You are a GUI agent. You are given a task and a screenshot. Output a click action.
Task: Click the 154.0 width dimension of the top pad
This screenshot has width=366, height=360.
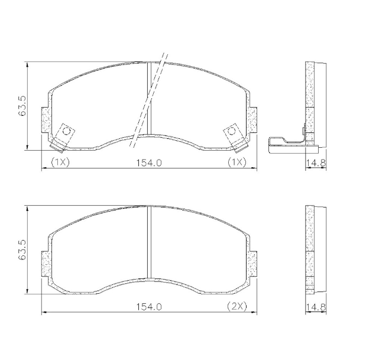coord(150,163)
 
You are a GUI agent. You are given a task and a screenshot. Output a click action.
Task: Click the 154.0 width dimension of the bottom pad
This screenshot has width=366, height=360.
coord(150,306)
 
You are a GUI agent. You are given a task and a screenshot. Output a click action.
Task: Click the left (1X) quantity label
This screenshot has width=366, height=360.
coord(60,163)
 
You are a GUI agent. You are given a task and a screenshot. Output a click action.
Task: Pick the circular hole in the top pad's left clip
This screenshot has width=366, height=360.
coord(66,131)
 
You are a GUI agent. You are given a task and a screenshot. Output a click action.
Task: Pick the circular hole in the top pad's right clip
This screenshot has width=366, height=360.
coord(232,131)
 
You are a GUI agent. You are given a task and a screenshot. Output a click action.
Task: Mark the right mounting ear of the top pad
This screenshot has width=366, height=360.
coord(253,121)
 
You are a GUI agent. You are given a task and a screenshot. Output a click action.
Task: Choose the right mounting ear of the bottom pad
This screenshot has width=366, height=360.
coord(253,264)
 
